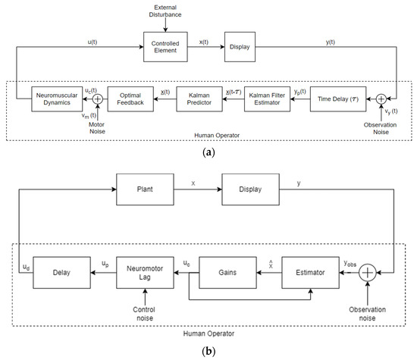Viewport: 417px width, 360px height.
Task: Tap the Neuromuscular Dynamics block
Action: [x=55, y=98]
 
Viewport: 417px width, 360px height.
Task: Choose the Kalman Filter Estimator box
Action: [x=268, y=98]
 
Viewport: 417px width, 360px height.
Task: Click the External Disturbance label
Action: [x=165, y=12]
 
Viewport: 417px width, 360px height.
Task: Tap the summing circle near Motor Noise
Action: [x=97, y=98]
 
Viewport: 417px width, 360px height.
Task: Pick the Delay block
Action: [x=54, y=272]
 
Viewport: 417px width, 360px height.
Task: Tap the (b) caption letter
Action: [x=207, y=351]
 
